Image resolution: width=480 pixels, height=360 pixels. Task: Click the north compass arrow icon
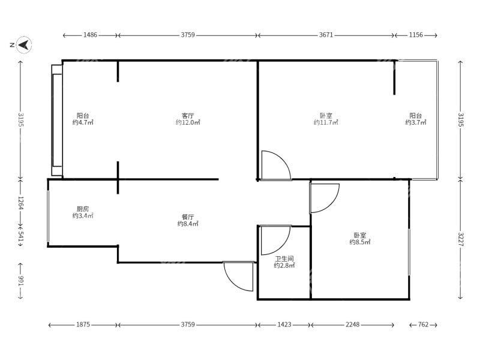coord(24,45)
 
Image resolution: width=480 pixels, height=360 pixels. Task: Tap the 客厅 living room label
coord(188,116)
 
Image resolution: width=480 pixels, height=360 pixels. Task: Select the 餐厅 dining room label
coord(188,217)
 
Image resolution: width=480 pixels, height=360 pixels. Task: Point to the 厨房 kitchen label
coord(83,209)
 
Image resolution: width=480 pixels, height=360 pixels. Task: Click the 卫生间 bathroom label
coord(284,259)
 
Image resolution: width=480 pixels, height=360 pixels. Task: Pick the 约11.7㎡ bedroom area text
coord(326,122)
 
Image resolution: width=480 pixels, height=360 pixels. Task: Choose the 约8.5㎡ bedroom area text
coord(360,242)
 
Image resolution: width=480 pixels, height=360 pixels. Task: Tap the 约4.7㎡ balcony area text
coord(83,122)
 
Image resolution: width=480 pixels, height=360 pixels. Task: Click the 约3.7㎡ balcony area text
coord(416,122)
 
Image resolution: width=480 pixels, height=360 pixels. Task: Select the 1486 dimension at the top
coord(91,35)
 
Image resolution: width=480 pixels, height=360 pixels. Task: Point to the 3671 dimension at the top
coord(326,35)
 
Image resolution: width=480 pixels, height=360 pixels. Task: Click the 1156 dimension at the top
coord(416,35)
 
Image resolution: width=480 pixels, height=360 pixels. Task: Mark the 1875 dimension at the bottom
coord(83,324)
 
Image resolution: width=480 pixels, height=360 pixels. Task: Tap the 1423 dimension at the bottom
coord(284,324)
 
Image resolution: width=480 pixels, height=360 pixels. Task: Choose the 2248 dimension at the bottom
coord(353,324)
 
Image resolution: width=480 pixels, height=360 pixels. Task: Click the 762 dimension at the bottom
coord(424,324)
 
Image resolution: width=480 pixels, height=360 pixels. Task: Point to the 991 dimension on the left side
coord(20,281)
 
